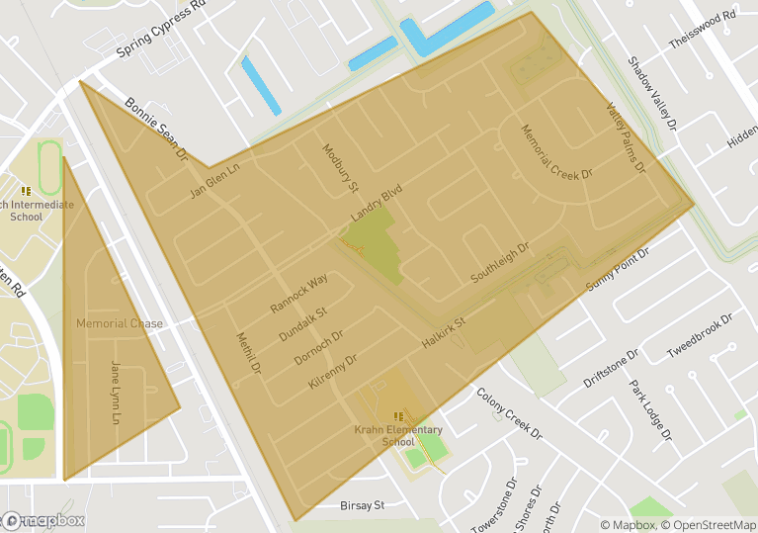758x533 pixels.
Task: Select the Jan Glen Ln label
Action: tap(214, 181)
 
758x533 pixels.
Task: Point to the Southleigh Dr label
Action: tap(500, 263)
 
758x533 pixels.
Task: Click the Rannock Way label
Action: tap(298, 295)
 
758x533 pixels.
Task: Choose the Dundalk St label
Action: tap(302, 324)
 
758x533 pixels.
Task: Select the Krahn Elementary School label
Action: tap(398, 435)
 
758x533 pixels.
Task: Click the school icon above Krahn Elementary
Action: tap(398, 416)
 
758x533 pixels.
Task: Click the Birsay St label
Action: tap(361, 505)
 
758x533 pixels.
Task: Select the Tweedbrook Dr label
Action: tap(700, 337)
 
